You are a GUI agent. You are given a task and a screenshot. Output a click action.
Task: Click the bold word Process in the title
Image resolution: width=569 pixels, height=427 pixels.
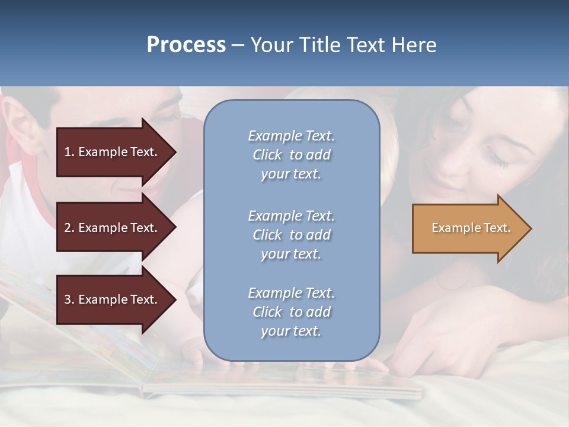tap(186, 45)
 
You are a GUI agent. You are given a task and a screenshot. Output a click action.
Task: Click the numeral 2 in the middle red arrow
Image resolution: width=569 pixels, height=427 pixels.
tap(68, 228)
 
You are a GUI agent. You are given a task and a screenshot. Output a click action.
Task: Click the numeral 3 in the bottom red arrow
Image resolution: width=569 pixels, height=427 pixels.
tap(68, 299)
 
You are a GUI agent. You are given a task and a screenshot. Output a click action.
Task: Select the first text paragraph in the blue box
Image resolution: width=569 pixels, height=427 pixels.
tap(291, 155)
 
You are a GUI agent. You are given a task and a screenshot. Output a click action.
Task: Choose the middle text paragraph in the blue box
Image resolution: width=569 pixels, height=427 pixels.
tap(291, 235)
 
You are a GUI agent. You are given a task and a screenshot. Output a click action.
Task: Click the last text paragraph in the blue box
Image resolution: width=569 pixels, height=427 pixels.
tap(291, 312)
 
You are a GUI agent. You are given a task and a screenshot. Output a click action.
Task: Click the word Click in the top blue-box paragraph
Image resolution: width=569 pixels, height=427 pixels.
tap(267, 155)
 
